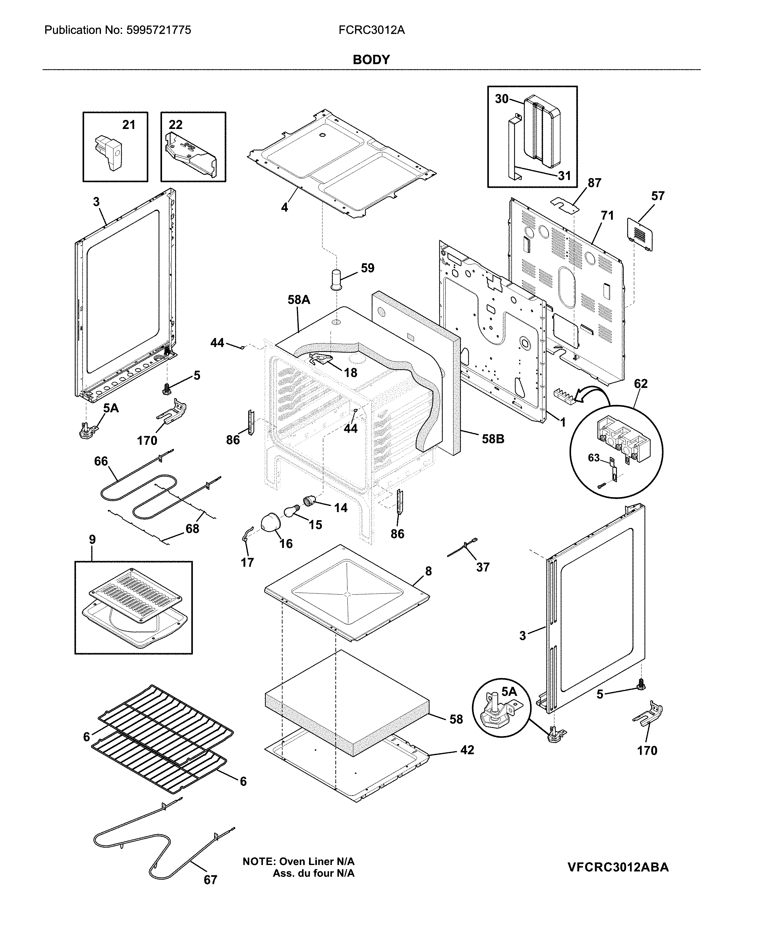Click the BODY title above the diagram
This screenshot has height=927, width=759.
click(371, 60)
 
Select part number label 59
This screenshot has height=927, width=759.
click(367, 268)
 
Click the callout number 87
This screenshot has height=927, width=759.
click(594, 183)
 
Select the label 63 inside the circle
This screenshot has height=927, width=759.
click(594, 458)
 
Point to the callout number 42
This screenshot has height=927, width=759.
click(467, 750)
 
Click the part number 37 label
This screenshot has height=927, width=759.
click(482, 567)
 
